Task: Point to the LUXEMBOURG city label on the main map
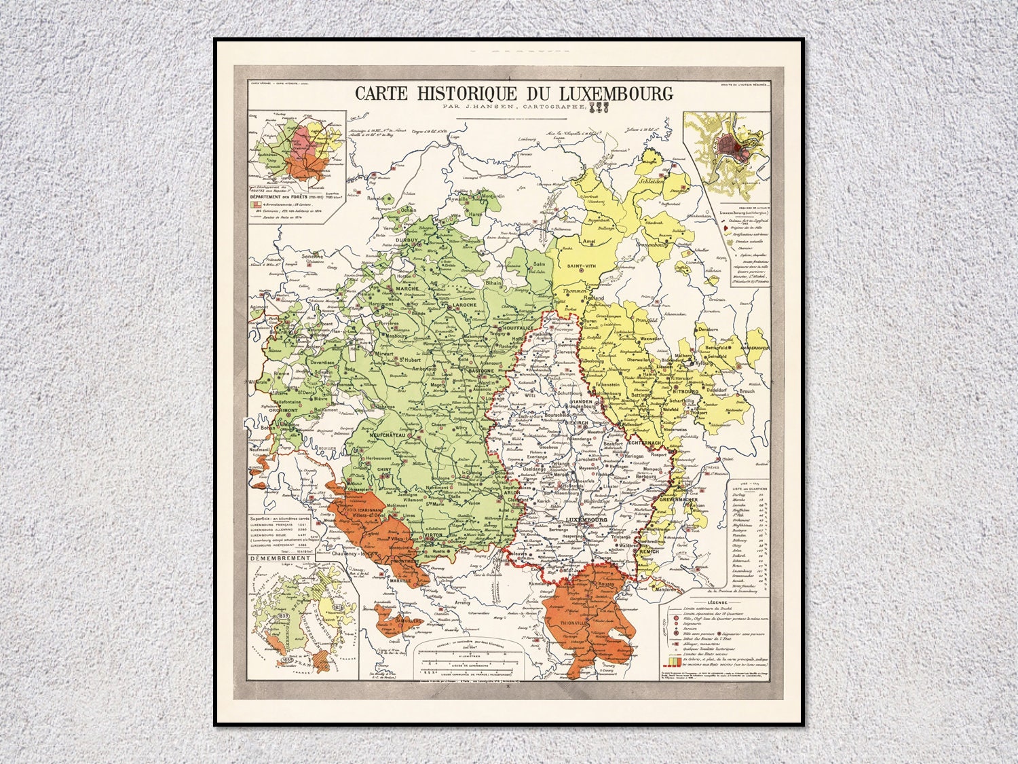point(588,520)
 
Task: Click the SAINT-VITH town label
point(582,266)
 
